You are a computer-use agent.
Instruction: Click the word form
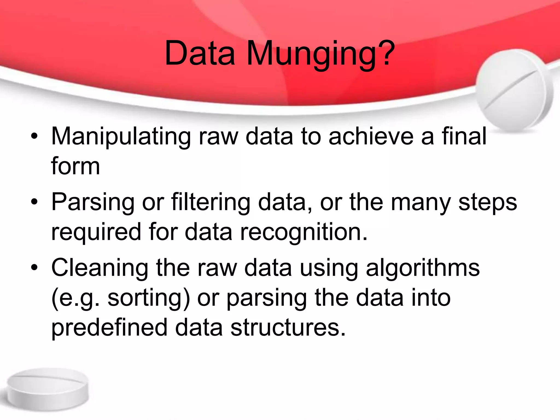pos(75,166)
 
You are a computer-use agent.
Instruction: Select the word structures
pos(288,328)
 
